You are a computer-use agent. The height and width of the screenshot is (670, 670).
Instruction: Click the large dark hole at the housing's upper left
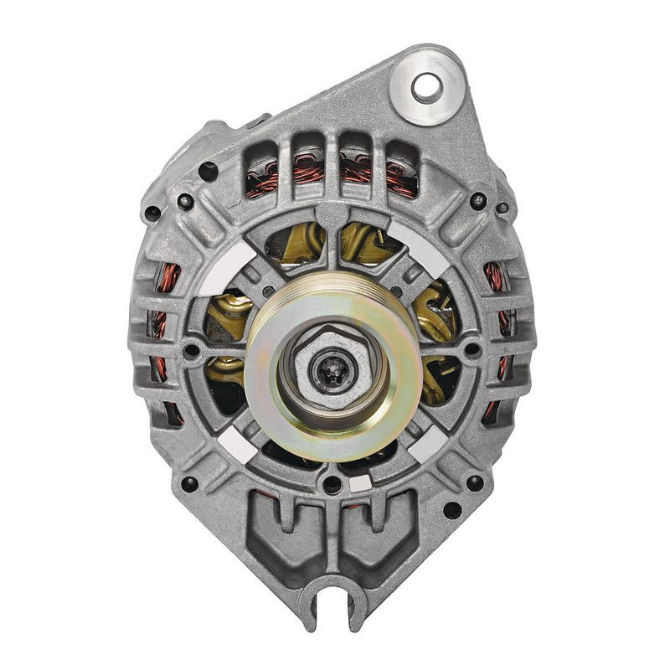pos(208,172)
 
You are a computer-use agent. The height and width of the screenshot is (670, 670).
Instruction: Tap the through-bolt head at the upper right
pos(477,200)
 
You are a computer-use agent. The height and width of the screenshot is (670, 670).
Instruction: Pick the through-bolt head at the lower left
pos(190,483)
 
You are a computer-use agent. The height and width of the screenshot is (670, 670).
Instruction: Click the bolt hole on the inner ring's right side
pos(473,350)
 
